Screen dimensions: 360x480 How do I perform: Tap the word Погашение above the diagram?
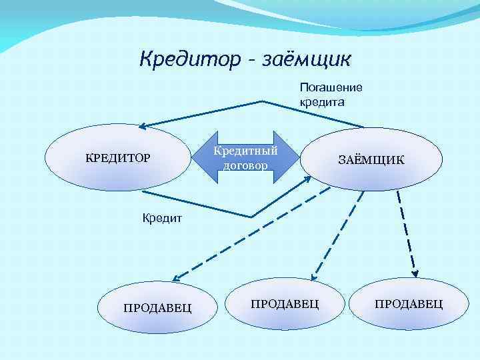click(331, 87)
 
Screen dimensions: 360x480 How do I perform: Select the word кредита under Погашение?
click(321, 103)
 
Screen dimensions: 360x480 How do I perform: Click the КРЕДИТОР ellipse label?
click(117, 158)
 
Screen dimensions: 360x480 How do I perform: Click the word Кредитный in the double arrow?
click(245, 151)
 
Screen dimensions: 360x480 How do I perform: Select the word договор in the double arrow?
click(245, 165)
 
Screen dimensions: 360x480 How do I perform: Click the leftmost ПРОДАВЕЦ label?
click(158, 307)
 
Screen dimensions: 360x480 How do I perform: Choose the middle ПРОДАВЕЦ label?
click(285, 304)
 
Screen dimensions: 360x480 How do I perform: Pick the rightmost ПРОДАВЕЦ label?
click(409, 304)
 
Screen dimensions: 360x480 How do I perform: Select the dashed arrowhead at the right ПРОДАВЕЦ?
click(414, 273)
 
